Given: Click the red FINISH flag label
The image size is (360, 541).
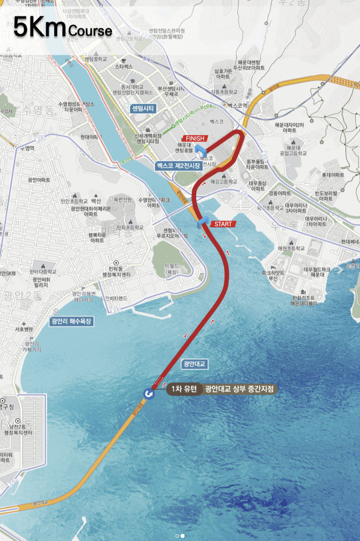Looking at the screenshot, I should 195,138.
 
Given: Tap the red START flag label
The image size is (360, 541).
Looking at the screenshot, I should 223,224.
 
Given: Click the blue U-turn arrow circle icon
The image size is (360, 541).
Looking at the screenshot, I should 149,394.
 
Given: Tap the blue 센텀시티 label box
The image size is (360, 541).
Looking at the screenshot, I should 143,108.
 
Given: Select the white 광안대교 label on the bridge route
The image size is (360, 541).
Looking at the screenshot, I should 195,364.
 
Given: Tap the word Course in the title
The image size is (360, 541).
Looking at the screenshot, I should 90,30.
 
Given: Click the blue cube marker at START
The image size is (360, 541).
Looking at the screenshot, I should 203,222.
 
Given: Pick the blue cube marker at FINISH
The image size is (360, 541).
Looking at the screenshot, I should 201,150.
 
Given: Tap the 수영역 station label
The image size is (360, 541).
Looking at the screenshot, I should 26,149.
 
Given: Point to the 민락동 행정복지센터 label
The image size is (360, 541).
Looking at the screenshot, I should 116,272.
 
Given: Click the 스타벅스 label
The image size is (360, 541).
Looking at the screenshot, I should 124,67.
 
